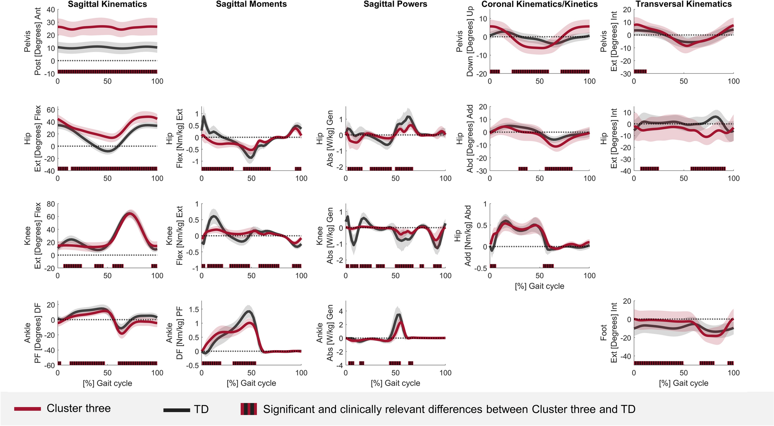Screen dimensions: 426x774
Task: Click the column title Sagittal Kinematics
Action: click(x=107, y=5)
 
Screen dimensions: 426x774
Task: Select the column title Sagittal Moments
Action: click(x=251, y=5)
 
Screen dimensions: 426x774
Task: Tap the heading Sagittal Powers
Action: click(x=395, y=5)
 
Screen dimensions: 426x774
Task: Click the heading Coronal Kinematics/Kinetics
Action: click(x=539, y=5)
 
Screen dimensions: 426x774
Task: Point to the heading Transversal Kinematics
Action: click(x=683, y=5)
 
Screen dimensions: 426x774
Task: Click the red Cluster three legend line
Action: click(x=27, y=409)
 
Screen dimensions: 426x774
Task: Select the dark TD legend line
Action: click(x=176, y=410)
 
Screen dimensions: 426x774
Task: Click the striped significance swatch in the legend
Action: click(x=248, y=409)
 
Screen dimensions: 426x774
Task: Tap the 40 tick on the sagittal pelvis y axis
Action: click(x=50, y=10)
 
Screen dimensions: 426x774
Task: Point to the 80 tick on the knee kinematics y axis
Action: click(x=50, y=204)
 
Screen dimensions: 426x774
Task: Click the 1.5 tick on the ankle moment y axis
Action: click(x=194, y=309)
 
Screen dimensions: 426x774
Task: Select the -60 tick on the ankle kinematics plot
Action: click(x=49, y=365)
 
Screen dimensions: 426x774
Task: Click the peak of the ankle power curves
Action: click(x=399, y=315)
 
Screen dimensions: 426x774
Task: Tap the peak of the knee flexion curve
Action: click(x=130, y=213)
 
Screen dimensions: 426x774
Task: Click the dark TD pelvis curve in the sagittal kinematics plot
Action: click(x=107, y=47)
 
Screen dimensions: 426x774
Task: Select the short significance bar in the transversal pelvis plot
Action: click(x=640, y=71)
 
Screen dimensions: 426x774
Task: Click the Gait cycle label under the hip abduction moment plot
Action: click(x=539, y=286)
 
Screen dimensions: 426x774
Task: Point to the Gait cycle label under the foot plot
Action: click(x=683, y=383)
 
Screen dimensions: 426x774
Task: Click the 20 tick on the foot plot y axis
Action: click(x=627, y=301)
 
